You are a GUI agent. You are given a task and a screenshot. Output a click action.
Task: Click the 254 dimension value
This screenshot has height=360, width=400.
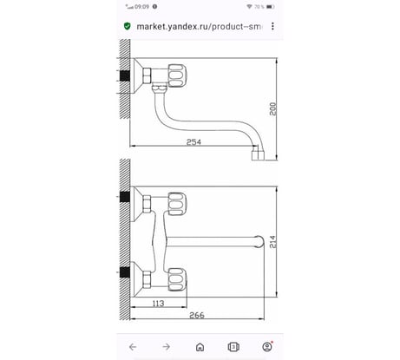pyautogui.click(x=193, y=142)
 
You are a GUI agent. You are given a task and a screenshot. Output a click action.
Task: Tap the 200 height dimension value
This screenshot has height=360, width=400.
pyautogui.click(x=272, y=108)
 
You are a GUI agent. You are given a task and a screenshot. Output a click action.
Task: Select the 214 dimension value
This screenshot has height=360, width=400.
pyautogui.click(x=272, y=242)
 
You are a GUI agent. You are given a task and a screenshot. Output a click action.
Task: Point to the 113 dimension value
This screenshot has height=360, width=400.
pyautogui.click(x=158, y=304)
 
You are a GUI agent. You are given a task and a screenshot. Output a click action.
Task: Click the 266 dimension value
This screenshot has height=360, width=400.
pyautogui.click(x=197, y=315)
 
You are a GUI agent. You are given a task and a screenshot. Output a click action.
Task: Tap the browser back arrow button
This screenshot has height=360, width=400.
pyautogui.click(x=133, y=347)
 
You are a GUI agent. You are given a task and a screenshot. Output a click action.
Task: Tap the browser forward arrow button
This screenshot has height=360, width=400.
pyautogui.click(x=167, y=347)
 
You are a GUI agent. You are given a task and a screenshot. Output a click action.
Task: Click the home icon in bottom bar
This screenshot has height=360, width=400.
pyautogui.click(x=200, y=347)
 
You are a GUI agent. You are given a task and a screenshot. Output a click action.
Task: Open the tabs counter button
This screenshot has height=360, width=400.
pyautogui.click(x=233, y=347)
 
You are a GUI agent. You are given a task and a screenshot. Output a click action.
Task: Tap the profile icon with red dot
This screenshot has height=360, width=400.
pyautogui.click(x=267, y=347)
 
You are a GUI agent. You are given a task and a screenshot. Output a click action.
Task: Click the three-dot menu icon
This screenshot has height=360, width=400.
pyautogui.click(x=272, y=26)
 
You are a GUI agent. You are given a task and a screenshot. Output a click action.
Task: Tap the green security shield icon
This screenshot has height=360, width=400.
pyautogui.click(x=127, y=26)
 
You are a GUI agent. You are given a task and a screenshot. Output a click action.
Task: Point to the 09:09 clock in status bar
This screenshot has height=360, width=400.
pyautogui.click(x=141, y=7)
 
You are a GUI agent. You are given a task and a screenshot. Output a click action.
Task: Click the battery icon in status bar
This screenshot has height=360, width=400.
pyautogui.click(x=270, y=7)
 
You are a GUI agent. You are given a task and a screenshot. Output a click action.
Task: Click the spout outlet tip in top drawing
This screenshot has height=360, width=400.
pyautogui.click(x=258, y=155)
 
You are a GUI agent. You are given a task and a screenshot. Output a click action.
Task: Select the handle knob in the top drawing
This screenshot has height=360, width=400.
pyautogui.click(x=177, y=75)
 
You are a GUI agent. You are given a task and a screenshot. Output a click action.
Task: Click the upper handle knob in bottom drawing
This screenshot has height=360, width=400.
pyautogui.click(x=177, y=204)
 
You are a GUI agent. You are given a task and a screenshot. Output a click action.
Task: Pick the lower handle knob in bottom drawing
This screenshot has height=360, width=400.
pyautogui.click(x=177, y=279)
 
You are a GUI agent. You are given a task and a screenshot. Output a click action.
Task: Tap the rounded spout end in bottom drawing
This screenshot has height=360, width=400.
pyautogui.click(x=260, y=242)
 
